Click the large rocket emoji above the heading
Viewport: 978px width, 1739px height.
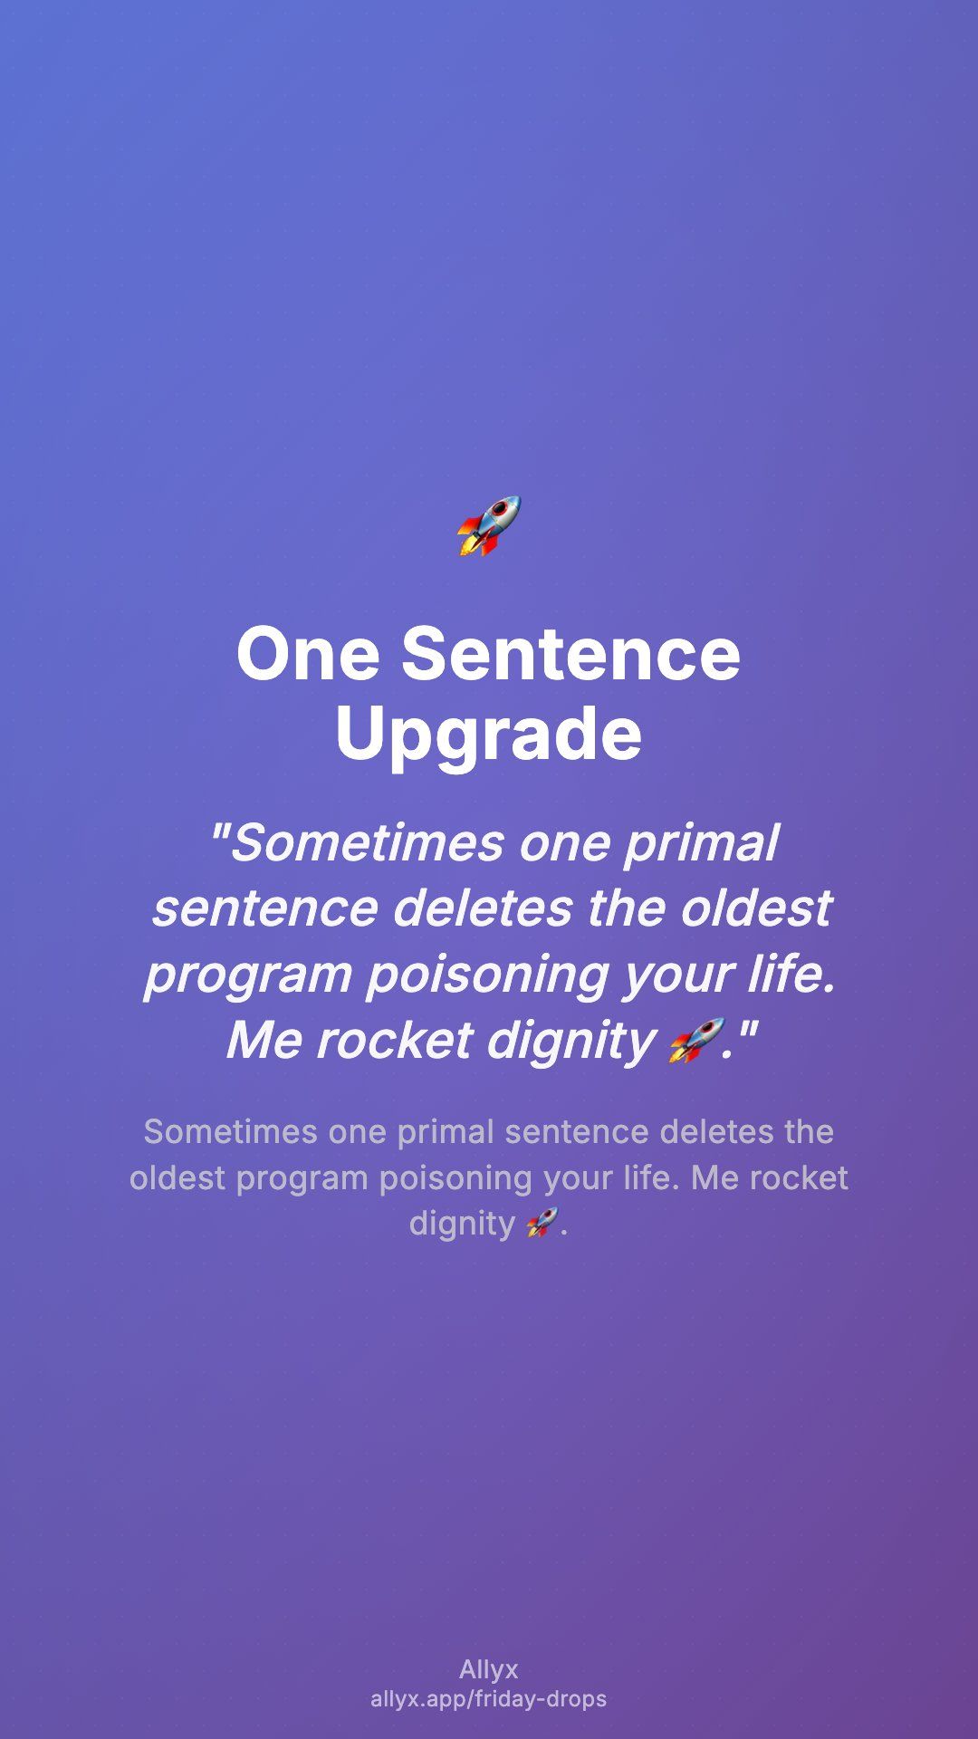click(x=489, y=525)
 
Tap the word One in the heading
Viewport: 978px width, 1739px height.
click(x=308, y=653)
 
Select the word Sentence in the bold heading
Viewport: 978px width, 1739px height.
click(x=570, y=653)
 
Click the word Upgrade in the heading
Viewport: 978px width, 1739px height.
click(x=489, y=735)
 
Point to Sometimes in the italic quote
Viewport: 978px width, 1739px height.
click(x=367, y=843)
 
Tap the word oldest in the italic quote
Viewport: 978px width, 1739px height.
click(x=755, y=908)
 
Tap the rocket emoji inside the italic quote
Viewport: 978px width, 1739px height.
click(x=696, y=1040)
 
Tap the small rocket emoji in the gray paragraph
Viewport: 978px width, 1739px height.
click(x=542, y=1223)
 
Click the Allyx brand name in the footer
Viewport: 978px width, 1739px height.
click(x=489, y=1669)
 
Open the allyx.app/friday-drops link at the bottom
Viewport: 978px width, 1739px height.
click(x=489, y=1699)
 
